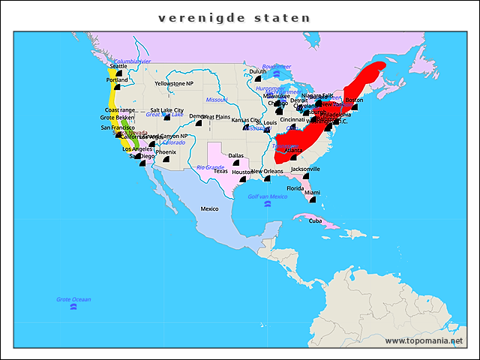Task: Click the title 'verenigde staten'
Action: point(235,17)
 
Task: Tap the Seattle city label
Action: point(118,66)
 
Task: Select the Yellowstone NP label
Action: point(174,83)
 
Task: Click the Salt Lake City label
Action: point(166,109)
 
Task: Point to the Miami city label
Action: point(312,193)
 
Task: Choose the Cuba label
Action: point(315,220)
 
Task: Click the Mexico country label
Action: point(209,208)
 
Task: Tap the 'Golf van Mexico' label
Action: point(268,196)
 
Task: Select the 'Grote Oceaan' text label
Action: point(73,299)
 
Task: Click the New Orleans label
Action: point(267,171)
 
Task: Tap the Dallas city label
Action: point(235,155)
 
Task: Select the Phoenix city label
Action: point(166,151)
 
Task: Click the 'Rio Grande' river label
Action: point(210,167)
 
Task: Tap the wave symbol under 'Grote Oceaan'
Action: point(73,307)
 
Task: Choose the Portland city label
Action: point(117,79)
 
